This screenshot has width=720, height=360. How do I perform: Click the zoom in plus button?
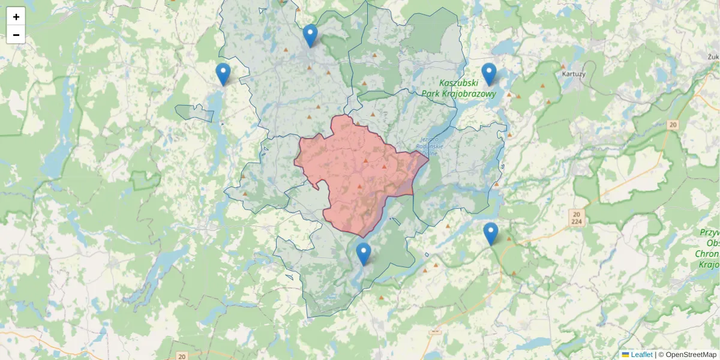click(16, 17)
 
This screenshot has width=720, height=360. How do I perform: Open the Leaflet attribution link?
click(641, 355)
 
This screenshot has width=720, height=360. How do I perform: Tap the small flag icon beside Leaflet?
click(626, 355)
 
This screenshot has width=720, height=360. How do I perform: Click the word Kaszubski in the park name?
click(458, 83)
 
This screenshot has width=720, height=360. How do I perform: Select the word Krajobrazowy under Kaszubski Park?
click(458, 94)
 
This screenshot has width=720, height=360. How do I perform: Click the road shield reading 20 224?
click(577, 218)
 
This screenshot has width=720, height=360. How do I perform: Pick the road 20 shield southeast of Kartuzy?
click(673, 124)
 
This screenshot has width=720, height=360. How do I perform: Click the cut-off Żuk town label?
click(713, 56)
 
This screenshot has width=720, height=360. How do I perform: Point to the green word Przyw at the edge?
click(709, 232)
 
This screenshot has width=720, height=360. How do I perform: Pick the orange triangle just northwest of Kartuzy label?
click(563, 66)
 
